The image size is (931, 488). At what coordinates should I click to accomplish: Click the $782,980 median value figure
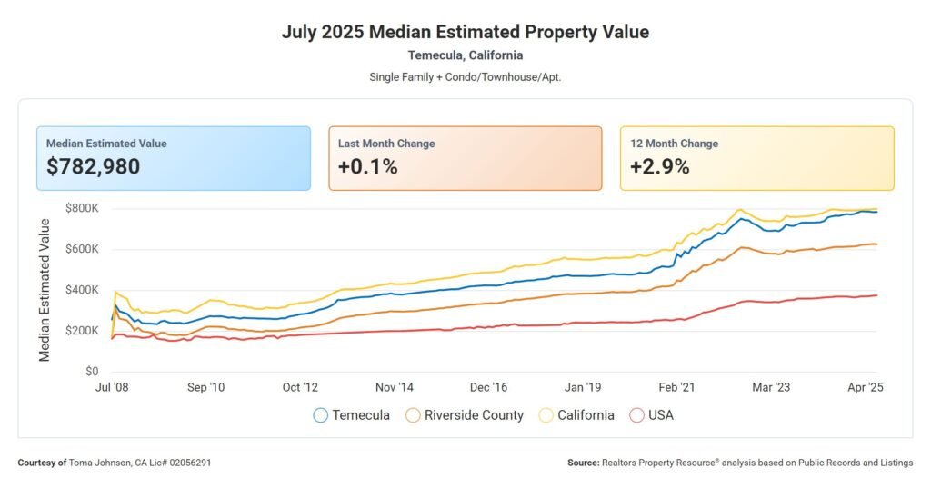(x=93, y=166)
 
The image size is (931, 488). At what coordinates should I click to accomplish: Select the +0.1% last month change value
(x=367, y=166)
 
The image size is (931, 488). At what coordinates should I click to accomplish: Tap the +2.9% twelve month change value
(x=659, y=166)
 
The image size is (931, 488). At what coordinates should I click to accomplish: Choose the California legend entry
(x=578, y=415)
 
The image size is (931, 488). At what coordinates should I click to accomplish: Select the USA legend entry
(x=652, y=415)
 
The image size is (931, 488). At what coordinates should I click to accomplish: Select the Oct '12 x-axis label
(x=302, y=387)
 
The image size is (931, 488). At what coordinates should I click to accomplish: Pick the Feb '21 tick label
(x=676, y=387)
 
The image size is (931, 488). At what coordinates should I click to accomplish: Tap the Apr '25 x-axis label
(x=865, y=387)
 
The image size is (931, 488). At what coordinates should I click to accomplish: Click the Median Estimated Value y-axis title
(x=45, y=290)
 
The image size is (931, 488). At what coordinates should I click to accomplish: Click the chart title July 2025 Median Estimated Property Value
(x=465, y=33)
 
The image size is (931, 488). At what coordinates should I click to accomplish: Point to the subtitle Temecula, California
(x=465, y=55)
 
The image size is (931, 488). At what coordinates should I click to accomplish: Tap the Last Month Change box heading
(x=386, y=144)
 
